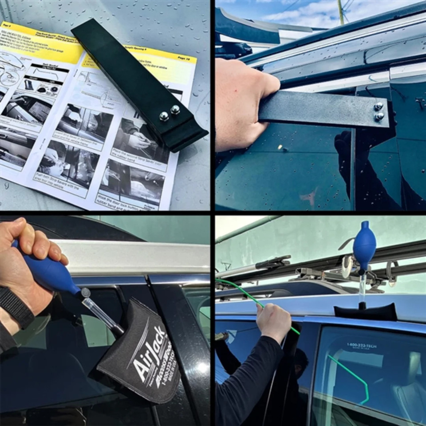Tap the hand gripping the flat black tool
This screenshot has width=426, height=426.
tap(242, 104)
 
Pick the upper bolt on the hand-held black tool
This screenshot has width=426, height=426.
tap(379, 106)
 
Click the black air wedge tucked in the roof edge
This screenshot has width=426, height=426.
tap(366, 312)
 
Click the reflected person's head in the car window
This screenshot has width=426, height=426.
tap(301, 362)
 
